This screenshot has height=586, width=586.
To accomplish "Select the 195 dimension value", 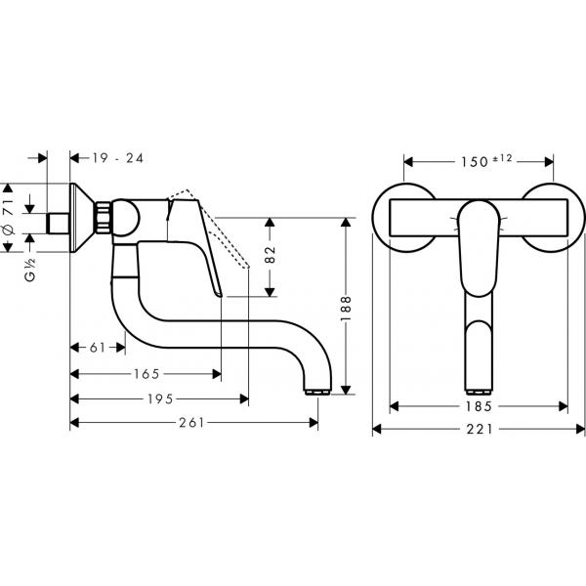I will coord(160,398).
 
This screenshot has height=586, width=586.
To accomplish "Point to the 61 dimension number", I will coord(97,348).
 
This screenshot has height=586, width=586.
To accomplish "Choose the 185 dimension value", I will coord(479,404).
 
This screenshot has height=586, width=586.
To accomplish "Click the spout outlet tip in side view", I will coord(318,390).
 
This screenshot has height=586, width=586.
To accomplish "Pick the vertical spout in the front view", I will coord(480,347).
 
